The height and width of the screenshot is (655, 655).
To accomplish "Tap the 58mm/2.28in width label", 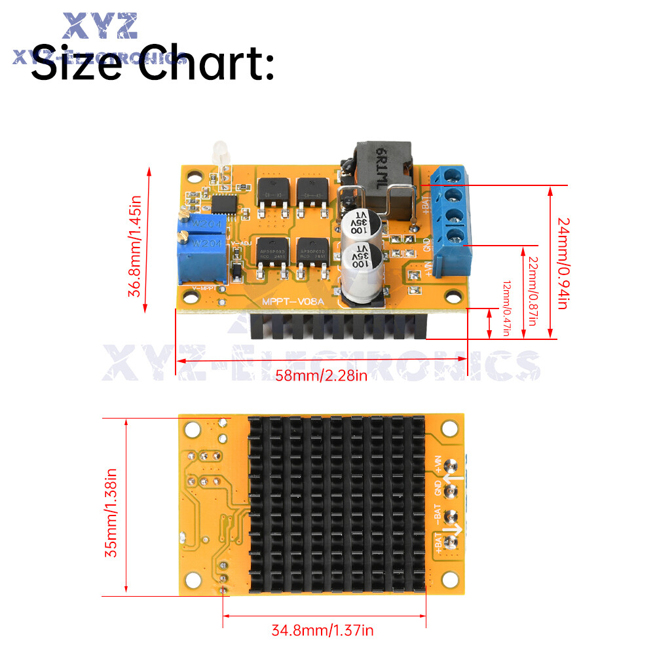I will click(x=322, y=375).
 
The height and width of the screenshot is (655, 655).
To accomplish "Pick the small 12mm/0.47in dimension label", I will click(x=506, y=309).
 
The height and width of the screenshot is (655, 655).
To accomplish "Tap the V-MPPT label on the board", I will click(x=204, y=288).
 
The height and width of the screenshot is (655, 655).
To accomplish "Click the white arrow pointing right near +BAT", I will click(x=456, y=529).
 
